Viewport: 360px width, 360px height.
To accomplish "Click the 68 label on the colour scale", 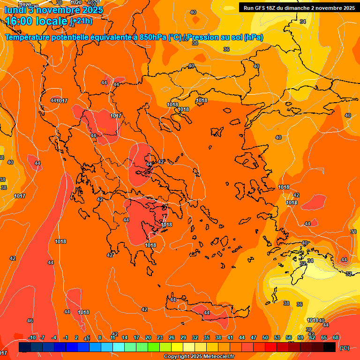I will coord(336,337).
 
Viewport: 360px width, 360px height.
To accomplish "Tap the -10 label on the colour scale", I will coord(32,337).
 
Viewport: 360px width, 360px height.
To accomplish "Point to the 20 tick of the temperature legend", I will coord(148,337).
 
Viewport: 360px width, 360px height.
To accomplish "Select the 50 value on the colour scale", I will coord(265,337).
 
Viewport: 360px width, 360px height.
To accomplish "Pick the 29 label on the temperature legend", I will coord(183,337).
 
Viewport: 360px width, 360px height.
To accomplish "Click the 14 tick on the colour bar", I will coord(125,337).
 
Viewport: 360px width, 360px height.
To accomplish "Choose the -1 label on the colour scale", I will coord(66,337).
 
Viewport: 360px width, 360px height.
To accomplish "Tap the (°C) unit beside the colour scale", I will coord(344,348).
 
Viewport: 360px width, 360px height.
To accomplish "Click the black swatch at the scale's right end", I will coord(330,347).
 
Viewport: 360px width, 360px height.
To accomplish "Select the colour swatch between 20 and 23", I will coord(154,347).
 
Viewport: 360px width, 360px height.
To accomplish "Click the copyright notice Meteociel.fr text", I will coord(199,357).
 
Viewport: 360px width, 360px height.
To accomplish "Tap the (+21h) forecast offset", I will coord(81,21).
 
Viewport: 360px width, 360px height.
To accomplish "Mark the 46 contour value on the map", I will coord(30,321).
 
